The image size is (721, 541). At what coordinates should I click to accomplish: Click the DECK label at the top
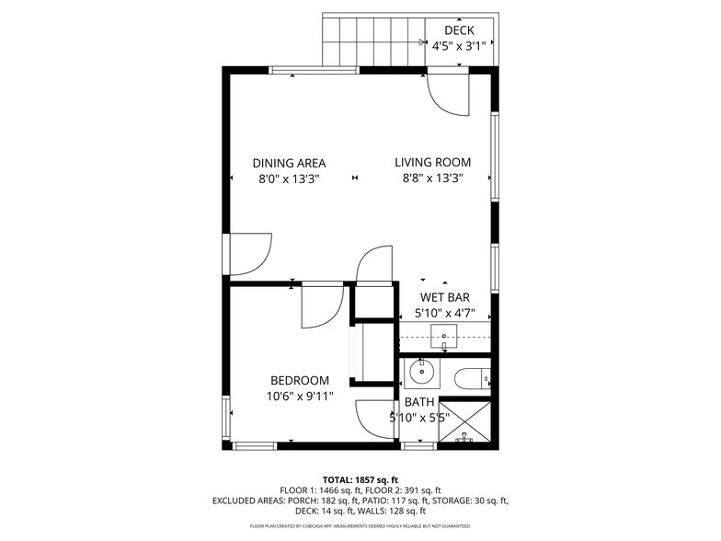pyautogui.click(x=459, y=30)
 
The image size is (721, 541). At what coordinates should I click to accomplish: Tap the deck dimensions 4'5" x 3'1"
pyautogui.click(x=459, y=45)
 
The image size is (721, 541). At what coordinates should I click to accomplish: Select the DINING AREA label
pyautogui.click(x=289, y=164)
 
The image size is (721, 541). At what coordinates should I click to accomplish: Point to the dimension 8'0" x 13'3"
pyautogui.click(x=289, y=179)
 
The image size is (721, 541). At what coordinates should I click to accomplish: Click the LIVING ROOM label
pyautogui.click(x=432, y=164)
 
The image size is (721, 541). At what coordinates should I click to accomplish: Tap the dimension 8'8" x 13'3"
pyautogui.click(x=432, y=179)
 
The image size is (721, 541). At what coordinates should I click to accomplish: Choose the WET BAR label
pyautogui.click(x=444, y=297)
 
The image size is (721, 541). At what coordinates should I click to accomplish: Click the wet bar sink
pyautogui.click(x=444, y=337)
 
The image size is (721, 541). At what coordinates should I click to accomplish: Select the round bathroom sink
pyautogui.click(x=422, y=373)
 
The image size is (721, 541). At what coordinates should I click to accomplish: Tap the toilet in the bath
pyautogui.click(x=474, y=378)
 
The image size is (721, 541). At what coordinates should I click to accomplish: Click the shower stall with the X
pyautogui.click(x=464, y=422)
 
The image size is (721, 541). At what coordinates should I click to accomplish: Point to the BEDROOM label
pyautogui.click(x=300, y=381)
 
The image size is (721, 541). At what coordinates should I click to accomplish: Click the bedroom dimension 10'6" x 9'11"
pyautogui.click(x=300, y=397)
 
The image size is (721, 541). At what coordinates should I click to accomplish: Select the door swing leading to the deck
pyautogui.click(x=449, y=93)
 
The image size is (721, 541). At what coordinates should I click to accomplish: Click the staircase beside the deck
pyautogui.click(x=372, y=41)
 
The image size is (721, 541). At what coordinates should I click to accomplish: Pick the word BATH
pyautogui.click(x=419, y=402)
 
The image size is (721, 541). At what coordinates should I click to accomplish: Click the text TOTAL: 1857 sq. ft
pyautogui.click(x=360, y=479)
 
